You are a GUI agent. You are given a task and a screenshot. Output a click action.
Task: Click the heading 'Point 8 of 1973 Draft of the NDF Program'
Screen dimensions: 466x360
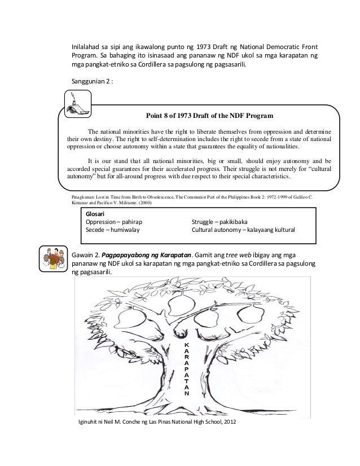pyautogui.click(x=209, y=117)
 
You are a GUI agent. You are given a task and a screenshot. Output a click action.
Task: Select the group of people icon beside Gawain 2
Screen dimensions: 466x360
pyautogui.click(x=54, y=259)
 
